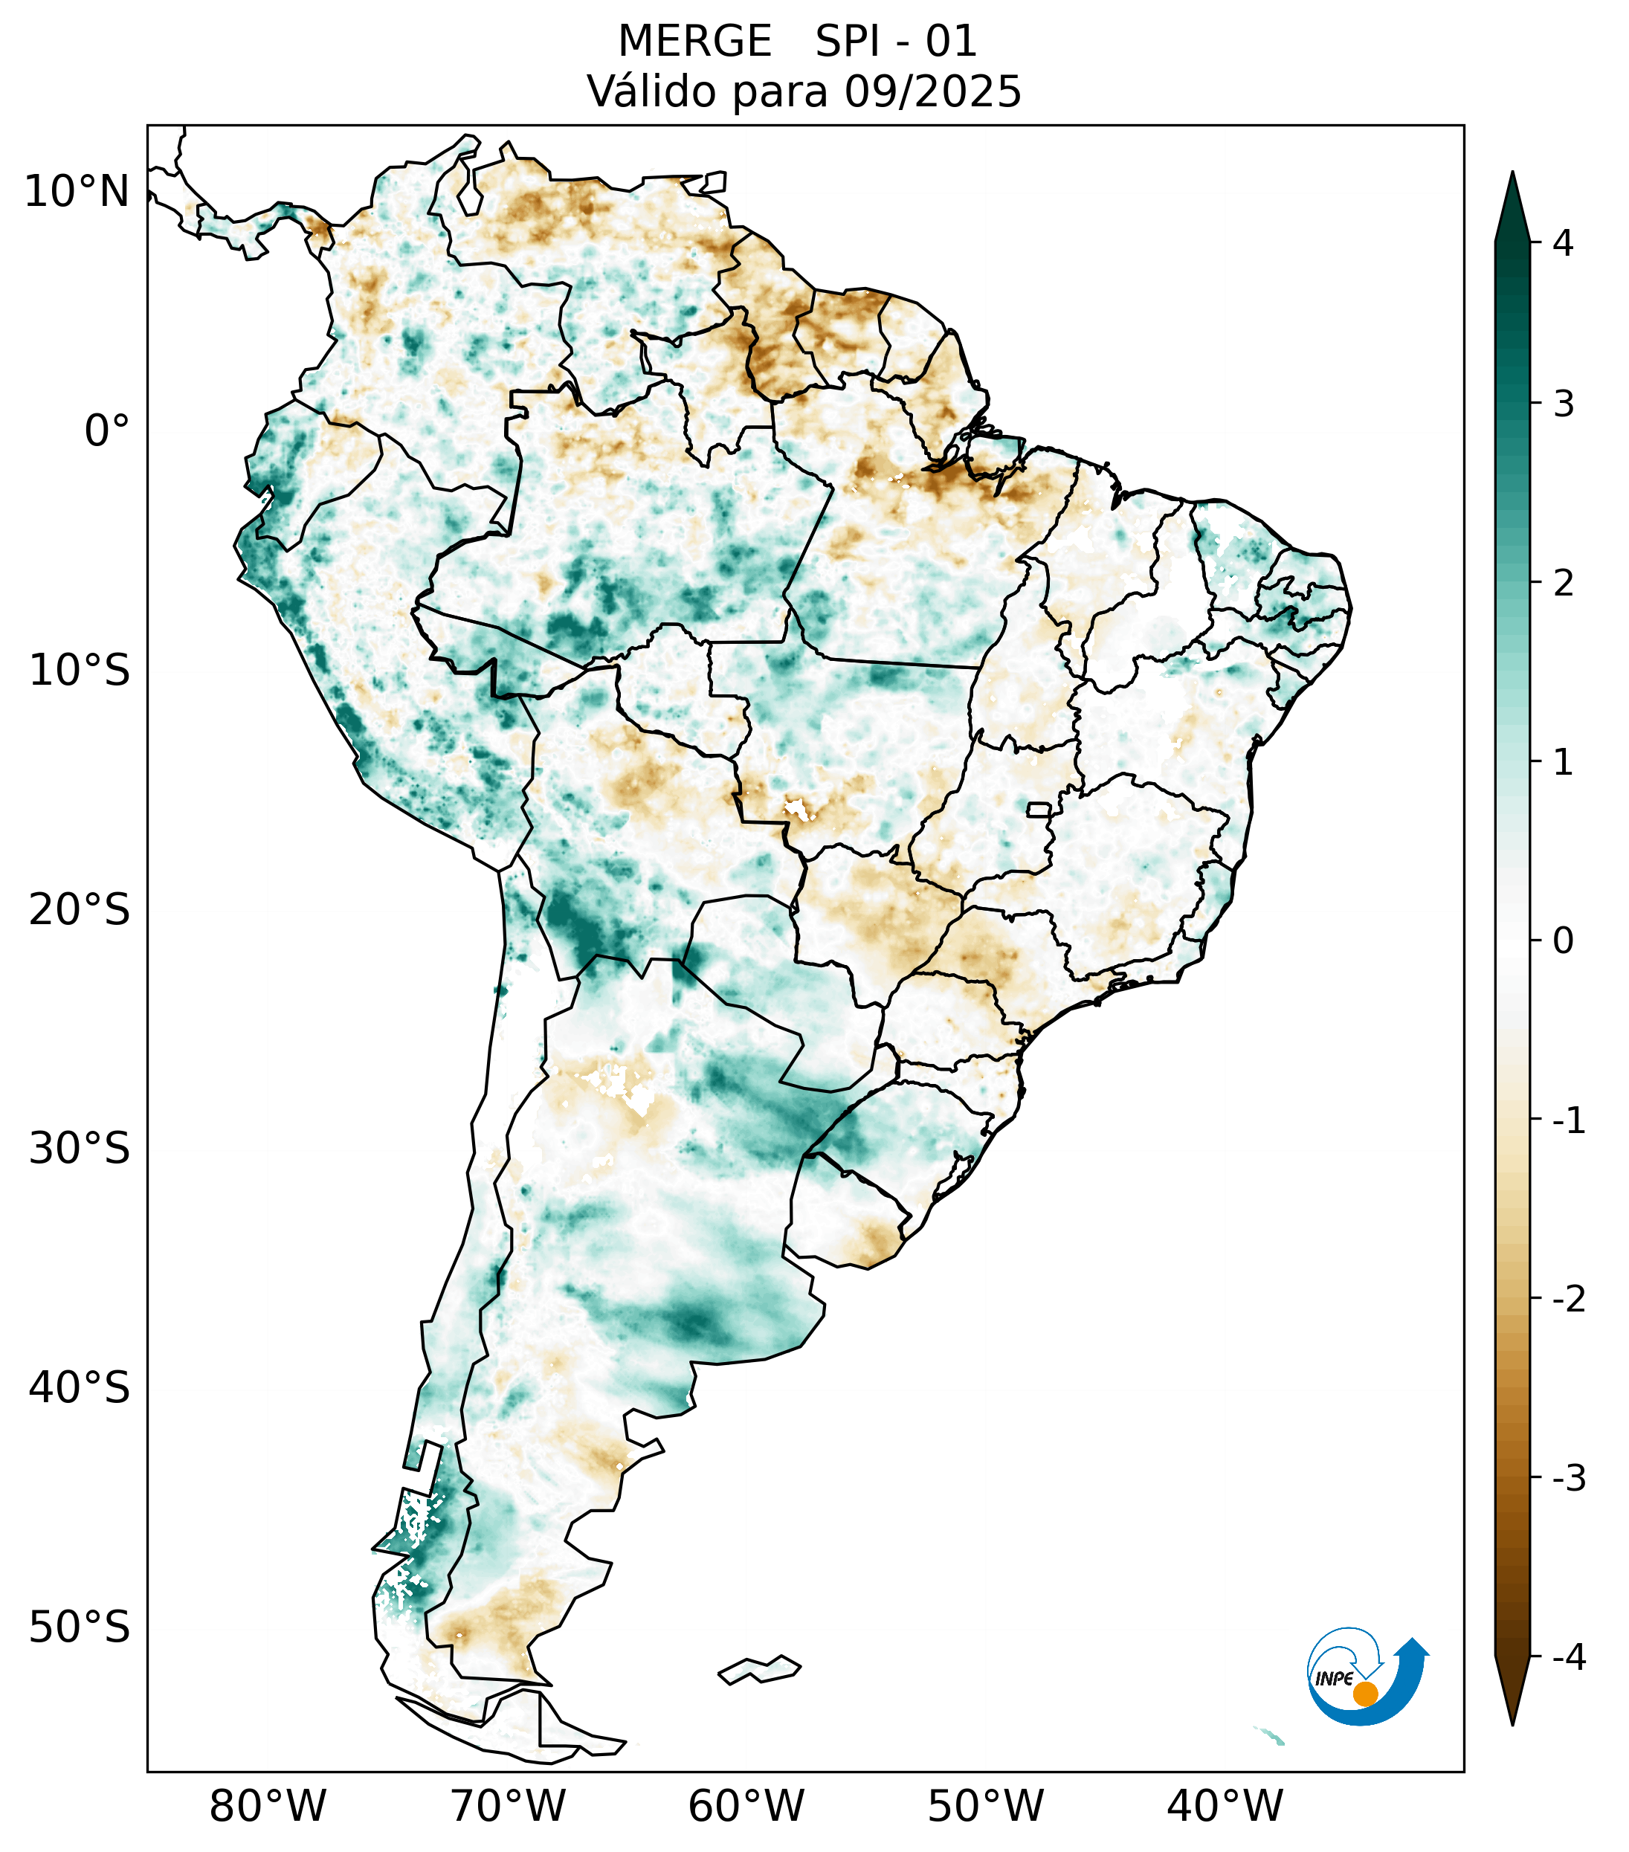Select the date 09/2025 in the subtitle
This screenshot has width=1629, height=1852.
[x=932, y=91]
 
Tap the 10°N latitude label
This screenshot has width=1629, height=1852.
[x=77, y=192]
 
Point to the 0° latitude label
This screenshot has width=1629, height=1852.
[x=107, y=431]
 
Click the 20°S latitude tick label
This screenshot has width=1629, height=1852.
[x=80, y=910]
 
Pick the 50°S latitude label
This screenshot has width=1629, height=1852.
[x=80, y=1628]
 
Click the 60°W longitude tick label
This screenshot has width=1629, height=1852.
[x=746, y=1806]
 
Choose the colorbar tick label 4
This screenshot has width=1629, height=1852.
[x=1563, y=243]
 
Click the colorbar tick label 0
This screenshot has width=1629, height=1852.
[x=1563, y=941]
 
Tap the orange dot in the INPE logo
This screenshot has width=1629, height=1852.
[x=1364, y=1694]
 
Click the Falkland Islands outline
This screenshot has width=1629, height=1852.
[x=759, y=1669]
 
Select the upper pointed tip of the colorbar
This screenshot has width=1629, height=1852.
[x=1512, y=178]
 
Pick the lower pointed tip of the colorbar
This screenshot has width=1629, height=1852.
[x=1512, y=1720]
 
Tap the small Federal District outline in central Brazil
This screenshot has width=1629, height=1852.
[x=1039, y=809]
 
